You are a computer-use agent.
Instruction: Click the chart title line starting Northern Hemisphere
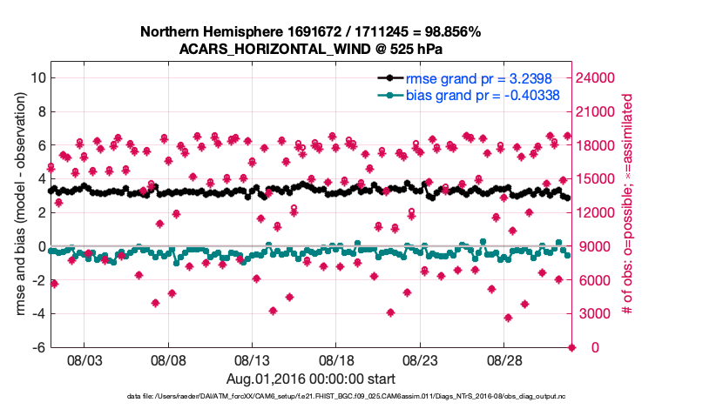[310, 32]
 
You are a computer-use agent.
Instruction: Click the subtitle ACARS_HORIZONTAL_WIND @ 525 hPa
[310, 49]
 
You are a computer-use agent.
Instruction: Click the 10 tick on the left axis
[37, 77]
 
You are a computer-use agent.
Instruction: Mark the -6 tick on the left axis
[39, 347]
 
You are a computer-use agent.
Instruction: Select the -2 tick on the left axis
[39, 279]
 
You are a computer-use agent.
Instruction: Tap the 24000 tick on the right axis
[597, 77]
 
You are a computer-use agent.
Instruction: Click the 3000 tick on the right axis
[593, 313]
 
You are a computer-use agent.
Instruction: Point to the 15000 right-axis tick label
[597, 178]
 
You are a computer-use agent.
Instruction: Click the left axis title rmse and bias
[18, 211]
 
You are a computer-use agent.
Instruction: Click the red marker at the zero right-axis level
[572, 347]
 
